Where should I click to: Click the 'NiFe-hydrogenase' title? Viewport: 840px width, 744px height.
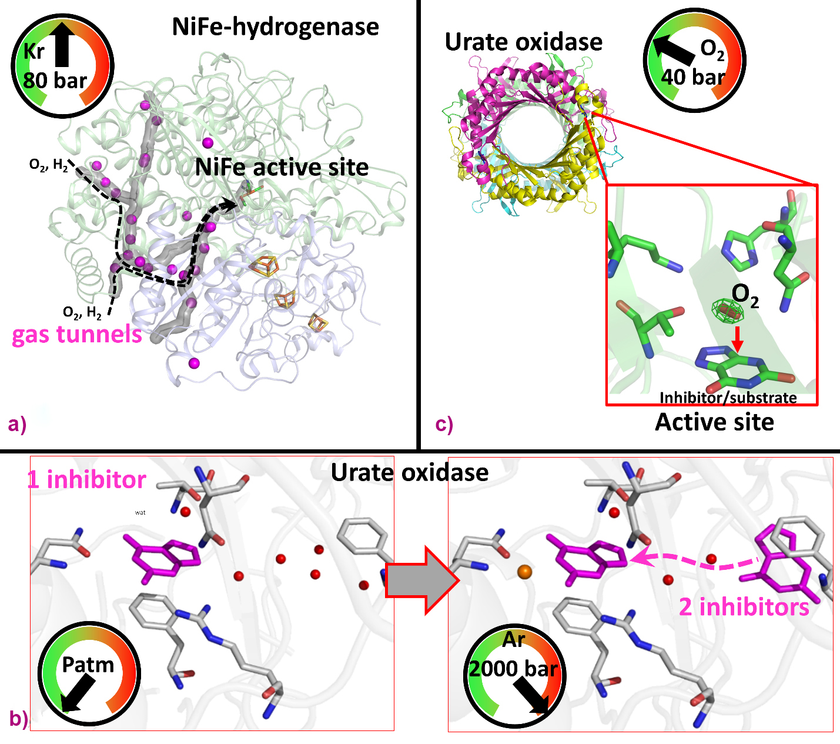coord(275,26)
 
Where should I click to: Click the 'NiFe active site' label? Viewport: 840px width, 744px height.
coord(282,168)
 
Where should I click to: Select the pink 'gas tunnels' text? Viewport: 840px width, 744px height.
coord(77,334)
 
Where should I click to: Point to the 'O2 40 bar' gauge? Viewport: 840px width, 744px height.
coord(694,61)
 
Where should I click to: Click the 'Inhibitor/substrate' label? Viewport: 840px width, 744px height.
coord(728,398)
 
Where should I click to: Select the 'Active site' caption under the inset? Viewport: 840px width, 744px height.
coord(714,422)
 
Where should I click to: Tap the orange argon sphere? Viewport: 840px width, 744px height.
coord(524,571)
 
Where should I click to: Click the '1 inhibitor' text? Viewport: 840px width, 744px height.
coord(86,480)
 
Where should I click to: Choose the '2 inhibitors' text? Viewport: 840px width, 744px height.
coord(744,606)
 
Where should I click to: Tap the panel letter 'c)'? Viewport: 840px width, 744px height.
coord(444,424)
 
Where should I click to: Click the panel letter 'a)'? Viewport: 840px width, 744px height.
coord(17,424)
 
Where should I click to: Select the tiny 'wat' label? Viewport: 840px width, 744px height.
coord(140,513)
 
